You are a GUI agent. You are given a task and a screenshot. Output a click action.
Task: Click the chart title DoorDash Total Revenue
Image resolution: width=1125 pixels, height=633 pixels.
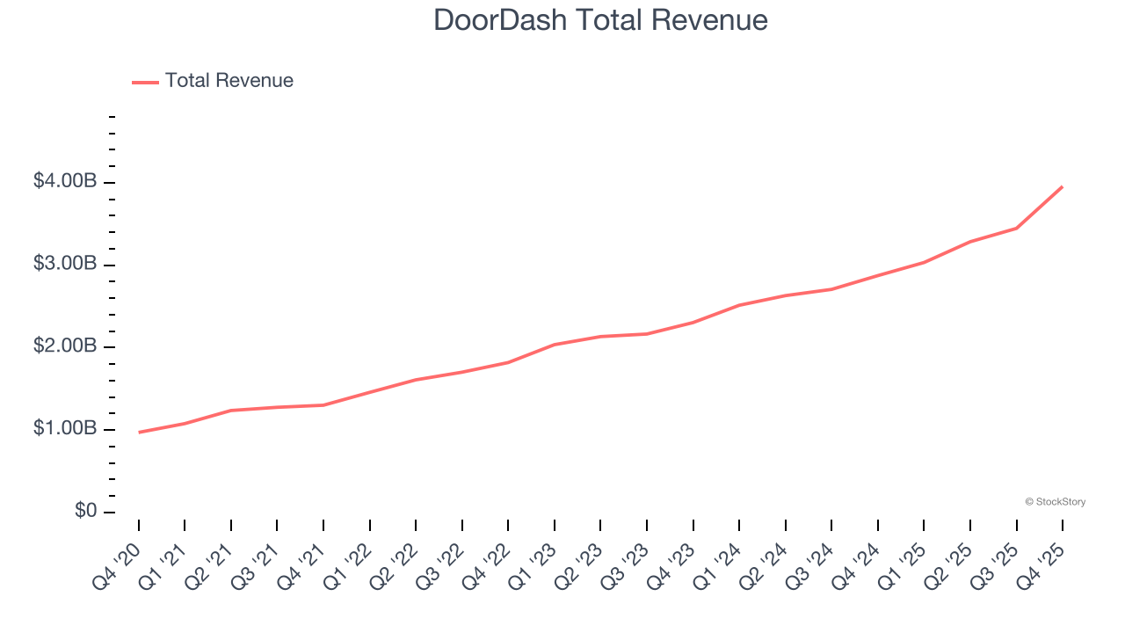(600, 20)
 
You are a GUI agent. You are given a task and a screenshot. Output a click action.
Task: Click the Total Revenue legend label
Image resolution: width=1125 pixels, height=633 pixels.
(229, 81)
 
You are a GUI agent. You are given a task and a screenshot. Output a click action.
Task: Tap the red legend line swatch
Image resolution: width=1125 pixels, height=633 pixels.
(145, 82)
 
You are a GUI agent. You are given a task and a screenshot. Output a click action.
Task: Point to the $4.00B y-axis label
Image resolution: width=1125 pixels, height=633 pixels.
(65, 182)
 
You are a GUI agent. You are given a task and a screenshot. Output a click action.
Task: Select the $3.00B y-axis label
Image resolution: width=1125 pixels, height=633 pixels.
(65, 265)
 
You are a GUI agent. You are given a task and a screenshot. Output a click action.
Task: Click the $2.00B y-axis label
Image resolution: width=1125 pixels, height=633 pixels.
(65, 346)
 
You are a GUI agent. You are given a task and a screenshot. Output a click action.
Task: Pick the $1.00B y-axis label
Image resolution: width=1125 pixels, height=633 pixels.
(65, 429)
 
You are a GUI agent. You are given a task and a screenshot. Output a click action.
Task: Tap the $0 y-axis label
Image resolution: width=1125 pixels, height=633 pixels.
(84, 512)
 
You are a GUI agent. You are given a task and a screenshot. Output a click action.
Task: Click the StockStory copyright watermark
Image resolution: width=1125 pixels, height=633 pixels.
(1055, 502)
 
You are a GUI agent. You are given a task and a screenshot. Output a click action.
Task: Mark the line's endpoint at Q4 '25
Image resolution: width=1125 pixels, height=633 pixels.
(1063, 186)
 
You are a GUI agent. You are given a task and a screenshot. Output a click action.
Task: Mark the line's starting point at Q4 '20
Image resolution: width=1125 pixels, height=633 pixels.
(139, 433)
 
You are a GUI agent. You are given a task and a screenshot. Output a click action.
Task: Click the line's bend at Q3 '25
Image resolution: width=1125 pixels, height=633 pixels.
(1017, 228)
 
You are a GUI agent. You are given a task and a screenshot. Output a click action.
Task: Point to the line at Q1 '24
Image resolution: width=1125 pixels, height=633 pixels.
(739, 305)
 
